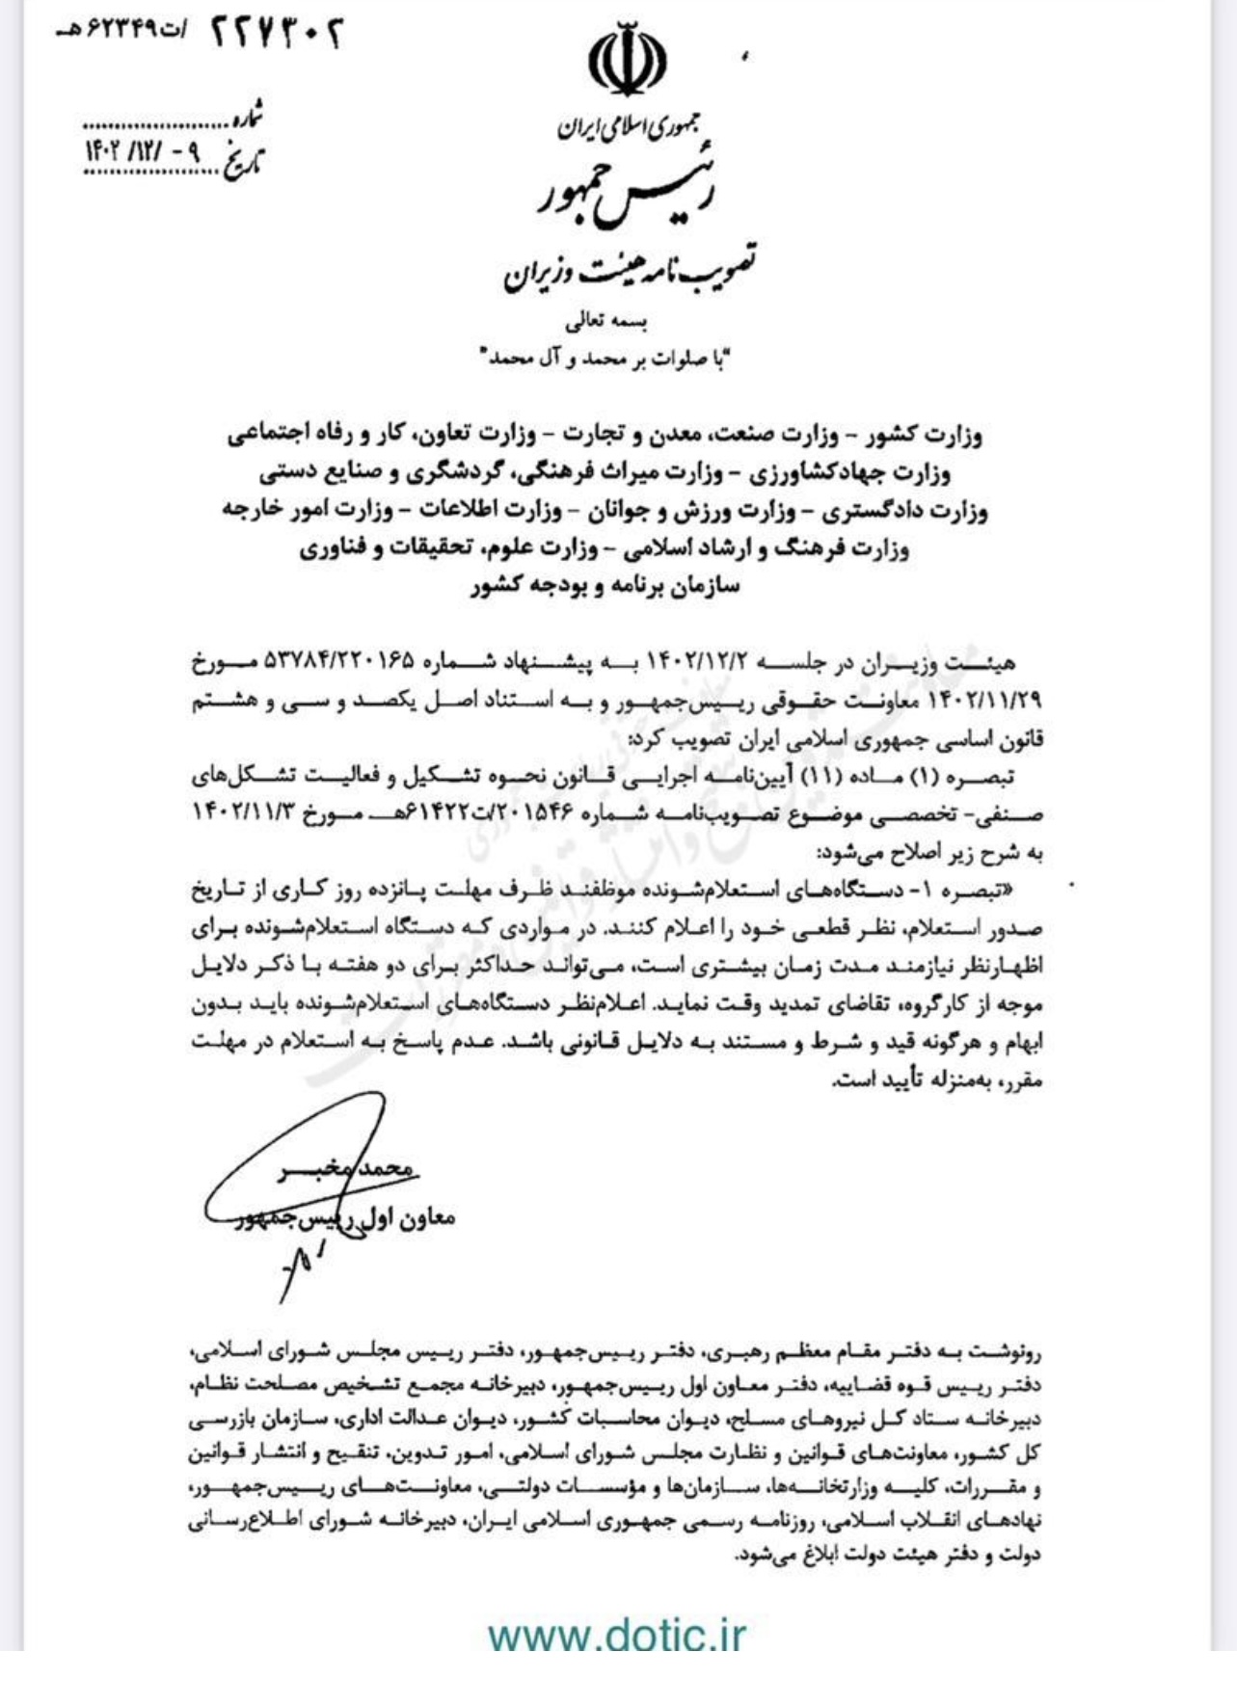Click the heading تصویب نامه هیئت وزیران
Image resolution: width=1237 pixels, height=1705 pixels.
coord(629,269)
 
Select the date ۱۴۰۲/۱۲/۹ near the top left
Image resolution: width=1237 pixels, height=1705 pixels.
coord(145,152)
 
